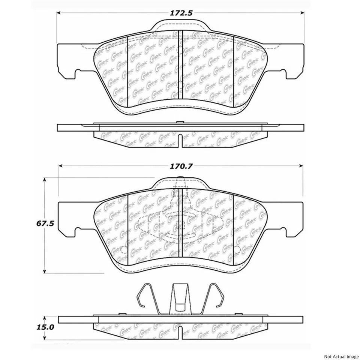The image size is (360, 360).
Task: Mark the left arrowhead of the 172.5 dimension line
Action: (59, 13)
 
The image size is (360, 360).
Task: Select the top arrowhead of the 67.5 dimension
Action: (45, 180)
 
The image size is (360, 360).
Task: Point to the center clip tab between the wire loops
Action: (180, 296)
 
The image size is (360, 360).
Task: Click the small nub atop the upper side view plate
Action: (180, 122)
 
